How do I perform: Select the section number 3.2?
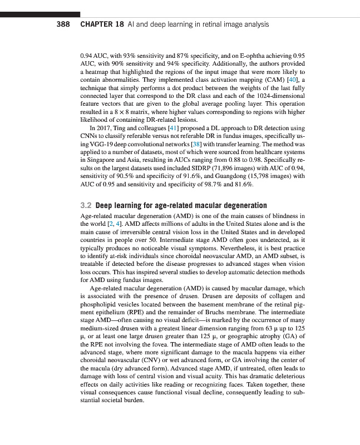86,206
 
